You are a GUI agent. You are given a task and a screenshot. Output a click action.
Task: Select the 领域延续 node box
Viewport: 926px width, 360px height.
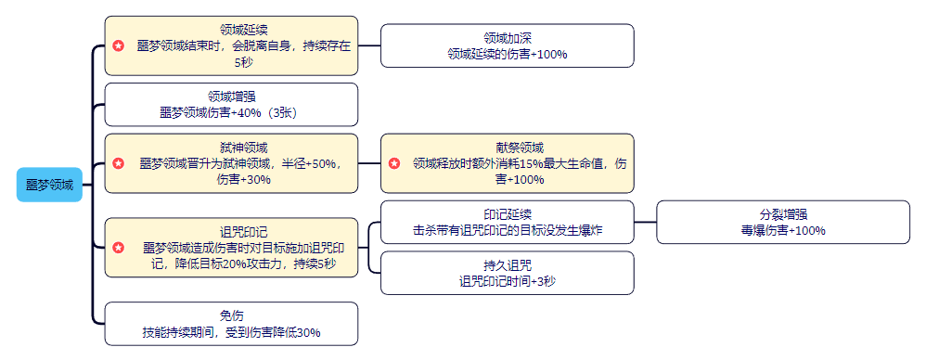click(231, 45)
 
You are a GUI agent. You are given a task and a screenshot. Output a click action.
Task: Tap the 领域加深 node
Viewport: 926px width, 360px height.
click(507, 45)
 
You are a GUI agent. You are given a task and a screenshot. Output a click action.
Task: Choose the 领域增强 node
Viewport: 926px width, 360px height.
click(231, 104)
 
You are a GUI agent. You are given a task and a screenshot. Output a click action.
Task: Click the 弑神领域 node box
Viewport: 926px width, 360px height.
click(231, 163)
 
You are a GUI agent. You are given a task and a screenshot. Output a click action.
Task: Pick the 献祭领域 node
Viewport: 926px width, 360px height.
click(507, 163)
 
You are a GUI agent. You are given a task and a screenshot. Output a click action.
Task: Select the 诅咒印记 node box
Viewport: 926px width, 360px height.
click(231, 248)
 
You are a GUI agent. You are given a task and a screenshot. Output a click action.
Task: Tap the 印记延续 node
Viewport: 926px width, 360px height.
click(507, 223)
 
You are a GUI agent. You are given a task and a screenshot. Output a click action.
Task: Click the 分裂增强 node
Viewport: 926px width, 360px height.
click(783, 223)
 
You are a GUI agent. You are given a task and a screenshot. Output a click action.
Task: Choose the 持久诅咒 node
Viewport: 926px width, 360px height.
click(507, 273)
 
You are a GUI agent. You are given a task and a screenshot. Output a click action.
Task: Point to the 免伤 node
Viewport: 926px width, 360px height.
click(231, 324)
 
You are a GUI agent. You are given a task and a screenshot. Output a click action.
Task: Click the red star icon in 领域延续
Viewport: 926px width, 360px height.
click(119, 45)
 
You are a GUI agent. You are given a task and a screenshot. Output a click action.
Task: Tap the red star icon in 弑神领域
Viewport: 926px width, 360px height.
click(119, 163)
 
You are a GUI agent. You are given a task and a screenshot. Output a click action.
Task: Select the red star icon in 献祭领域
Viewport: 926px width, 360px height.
click(394, 163)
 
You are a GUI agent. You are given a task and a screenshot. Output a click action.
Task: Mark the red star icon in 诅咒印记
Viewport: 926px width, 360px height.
click(119, 248)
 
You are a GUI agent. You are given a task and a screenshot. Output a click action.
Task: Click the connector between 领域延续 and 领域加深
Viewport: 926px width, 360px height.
click(369, 45)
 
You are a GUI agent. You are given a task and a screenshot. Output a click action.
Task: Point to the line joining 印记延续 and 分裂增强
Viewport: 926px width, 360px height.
click(645, 223)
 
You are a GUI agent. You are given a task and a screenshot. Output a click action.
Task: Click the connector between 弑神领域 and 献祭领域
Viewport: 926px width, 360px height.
click(369, 163)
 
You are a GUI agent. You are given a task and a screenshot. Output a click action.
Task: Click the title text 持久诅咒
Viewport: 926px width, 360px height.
click(507, 264)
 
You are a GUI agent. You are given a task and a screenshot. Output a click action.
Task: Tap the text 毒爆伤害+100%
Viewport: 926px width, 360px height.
click(783, 231)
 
